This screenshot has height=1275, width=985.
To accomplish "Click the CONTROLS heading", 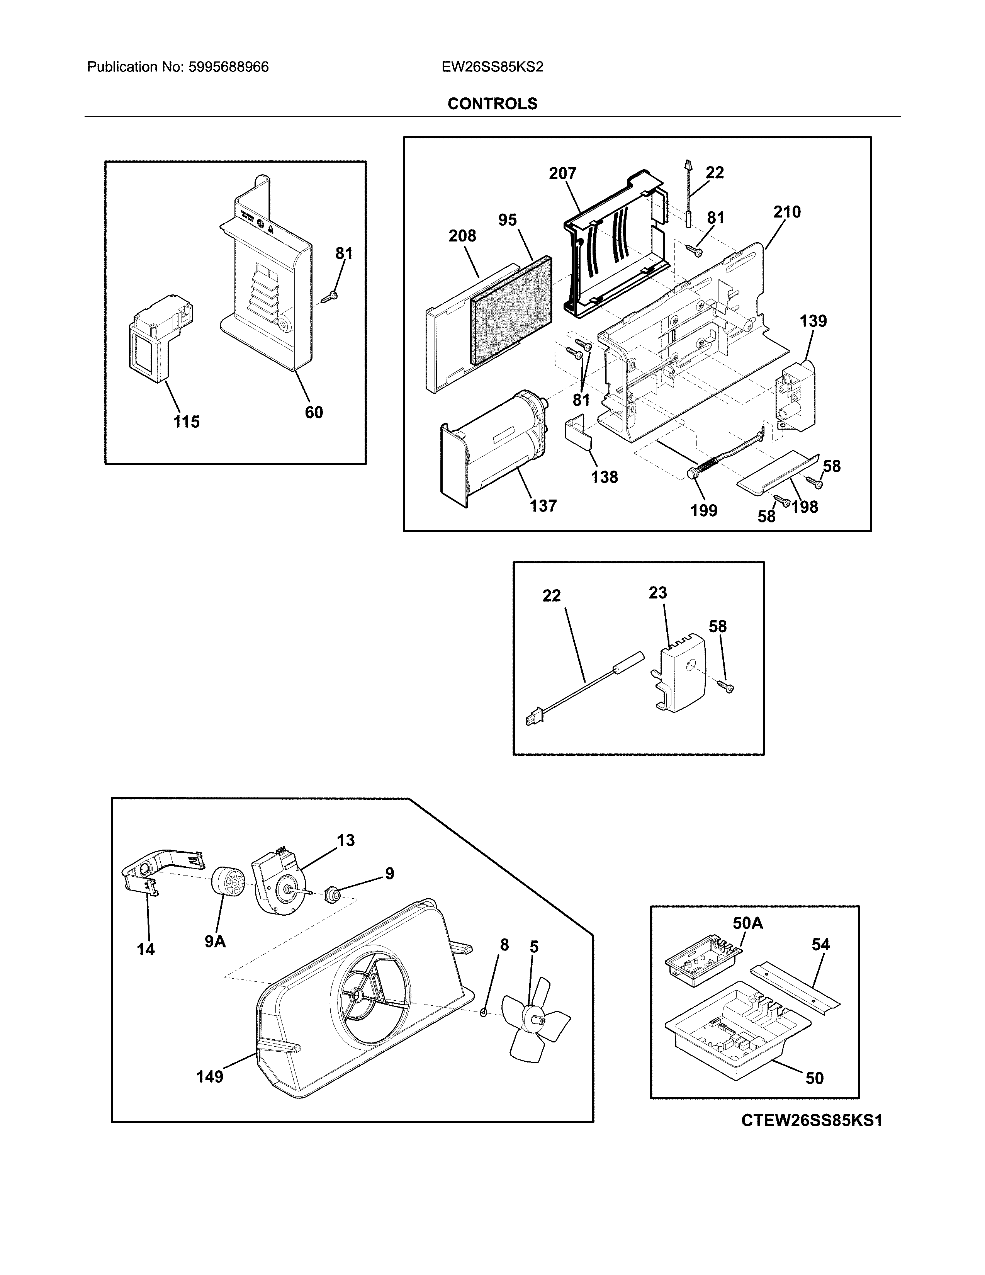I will tap(492, 104).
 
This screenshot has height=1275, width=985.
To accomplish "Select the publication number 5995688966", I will tap(228, 67).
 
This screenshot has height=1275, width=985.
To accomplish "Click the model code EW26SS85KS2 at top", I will tap(492, 67).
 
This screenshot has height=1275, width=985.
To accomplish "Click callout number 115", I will tap(186, 422).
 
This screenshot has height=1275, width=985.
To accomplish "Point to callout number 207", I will tap(562, 173).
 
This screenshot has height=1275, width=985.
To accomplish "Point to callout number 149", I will tap(209, 1076).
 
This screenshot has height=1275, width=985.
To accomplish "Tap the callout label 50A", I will tap(747, 923).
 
